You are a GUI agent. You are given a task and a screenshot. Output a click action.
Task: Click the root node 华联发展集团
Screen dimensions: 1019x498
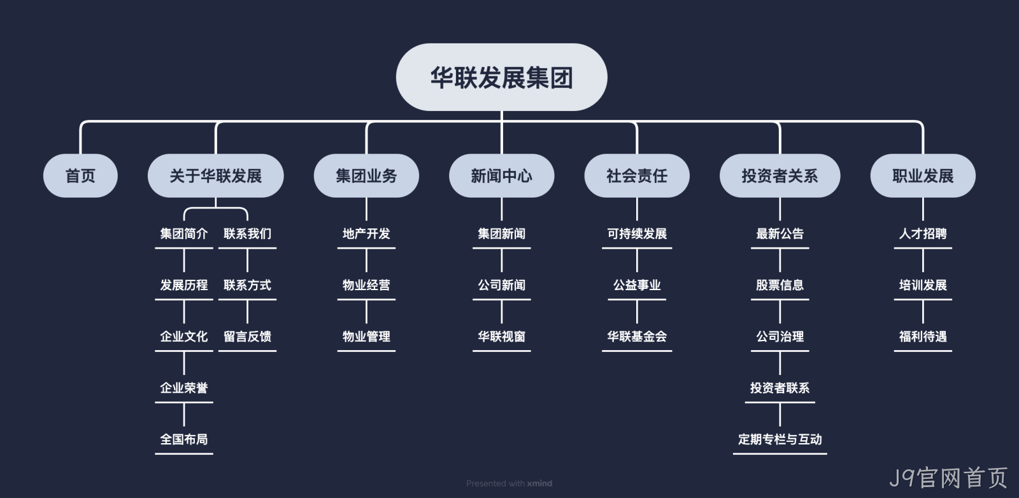tap(501, 77)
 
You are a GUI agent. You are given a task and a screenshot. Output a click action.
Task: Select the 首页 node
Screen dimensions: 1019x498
tap(80, 176)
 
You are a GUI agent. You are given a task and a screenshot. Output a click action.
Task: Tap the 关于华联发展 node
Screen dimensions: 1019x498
tap(216, 176)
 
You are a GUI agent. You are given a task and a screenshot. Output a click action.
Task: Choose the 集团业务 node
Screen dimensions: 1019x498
tap(366, 176)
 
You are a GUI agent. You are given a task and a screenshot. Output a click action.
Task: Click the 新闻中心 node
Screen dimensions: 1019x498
tap(501, 176)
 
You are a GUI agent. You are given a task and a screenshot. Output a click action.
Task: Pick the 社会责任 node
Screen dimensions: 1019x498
tap(637, 176)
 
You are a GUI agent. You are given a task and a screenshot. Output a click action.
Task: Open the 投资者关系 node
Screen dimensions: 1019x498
tap(780, 176)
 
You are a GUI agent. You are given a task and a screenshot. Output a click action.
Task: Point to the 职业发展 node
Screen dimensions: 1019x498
tap(923, 176)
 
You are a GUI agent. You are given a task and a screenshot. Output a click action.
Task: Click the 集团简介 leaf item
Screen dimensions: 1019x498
tap(184, 234)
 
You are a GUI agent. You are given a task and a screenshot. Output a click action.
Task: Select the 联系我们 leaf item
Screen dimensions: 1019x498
tap(248, 234)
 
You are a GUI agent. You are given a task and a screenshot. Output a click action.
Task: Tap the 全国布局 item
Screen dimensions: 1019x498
tap(184, 440)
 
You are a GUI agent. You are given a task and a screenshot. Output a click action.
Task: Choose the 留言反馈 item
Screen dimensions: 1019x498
tap(248, 337)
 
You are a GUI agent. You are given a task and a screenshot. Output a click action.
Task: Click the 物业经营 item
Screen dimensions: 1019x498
tap(366, 285)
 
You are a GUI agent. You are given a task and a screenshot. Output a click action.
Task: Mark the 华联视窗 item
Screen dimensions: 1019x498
tap(501, 337)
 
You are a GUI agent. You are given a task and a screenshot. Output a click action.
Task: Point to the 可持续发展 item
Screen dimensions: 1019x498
tap(637, 234)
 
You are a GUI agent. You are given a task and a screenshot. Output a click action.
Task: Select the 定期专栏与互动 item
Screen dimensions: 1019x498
tap(780, 440)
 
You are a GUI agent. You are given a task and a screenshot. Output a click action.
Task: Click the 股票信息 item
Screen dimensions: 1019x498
tap(780, 285)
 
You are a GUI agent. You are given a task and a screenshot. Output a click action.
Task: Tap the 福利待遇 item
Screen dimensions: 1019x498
tap(923, 337)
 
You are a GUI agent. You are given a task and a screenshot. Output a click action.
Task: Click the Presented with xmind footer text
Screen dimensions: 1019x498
tap(509, 483)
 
